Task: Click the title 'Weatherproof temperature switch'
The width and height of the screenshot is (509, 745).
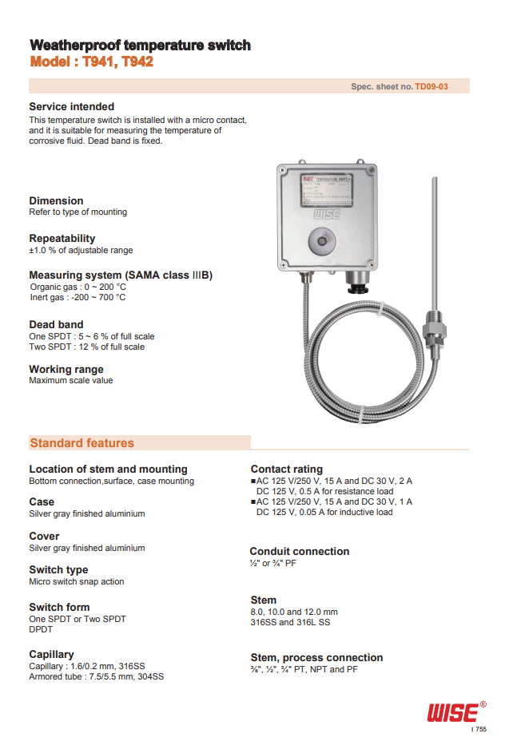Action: click(x=140, y=46)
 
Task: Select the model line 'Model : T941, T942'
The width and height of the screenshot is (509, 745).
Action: click(x=91, y=61)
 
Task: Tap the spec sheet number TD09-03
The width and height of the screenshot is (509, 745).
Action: click(x=431, y=86)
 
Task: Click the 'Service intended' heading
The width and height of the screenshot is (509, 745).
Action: click(x=72, y=106)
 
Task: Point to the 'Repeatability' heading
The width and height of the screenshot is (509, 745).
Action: click(x=62, y=238)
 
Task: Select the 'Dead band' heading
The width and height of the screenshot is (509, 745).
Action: click(x=56, y=324)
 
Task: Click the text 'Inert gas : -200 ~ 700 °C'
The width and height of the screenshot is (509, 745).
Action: click(x=78, y=298)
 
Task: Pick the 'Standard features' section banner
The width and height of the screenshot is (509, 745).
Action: click(x=82, y=443)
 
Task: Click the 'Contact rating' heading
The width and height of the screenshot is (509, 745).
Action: click(x=287, y=469)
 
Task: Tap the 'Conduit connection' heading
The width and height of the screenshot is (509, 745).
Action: click(x=300, y=551)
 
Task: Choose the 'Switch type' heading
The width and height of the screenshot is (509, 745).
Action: click(x=58, y=569)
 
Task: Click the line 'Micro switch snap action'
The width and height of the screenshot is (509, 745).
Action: click(x=77, y=581)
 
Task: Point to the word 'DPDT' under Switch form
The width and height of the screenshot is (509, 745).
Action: click(x=40, y=629)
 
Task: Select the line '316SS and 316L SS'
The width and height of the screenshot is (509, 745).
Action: click(x=290, y=622)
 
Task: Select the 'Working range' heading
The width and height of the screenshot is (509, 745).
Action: click(x=66, y=369)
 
